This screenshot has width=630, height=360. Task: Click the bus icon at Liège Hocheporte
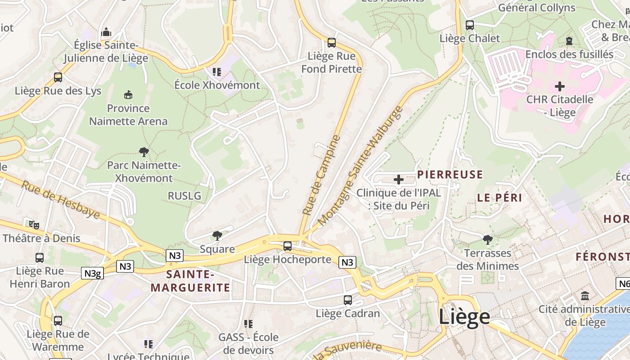point(288,246)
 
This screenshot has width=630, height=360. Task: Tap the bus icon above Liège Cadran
point(348,300)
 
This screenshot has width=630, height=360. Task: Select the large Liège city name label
point(464,316)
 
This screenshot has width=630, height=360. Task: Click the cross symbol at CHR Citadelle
point(560,86)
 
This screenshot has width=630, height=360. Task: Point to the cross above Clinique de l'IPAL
point(398,180)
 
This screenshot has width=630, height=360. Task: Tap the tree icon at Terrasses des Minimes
point(487,239)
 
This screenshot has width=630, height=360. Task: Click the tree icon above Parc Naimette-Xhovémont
point(144,152)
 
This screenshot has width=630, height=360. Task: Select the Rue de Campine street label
point(321,175)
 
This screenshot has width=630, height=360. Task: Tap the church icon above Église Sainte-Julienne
point(106,32)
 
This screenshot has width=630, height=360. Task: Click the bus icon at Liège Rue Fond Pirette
point(332,43)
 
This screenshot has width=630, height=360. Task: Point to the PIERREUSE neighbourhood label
point(450,175)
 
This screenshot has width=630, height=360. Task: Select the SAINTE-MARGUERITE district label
point(190,281)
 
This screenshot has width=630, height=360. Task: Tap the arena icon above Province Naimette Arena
point(128,94)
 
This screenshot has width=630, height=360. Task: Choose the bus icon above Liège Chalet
point(470,25)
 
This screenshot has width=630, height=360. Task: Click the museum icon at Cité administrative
point(585,296)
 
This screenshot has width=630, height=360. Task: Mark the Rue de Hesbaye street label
point(60,200)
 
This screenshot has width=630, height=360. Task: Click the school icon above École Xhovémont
point(217,72)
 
